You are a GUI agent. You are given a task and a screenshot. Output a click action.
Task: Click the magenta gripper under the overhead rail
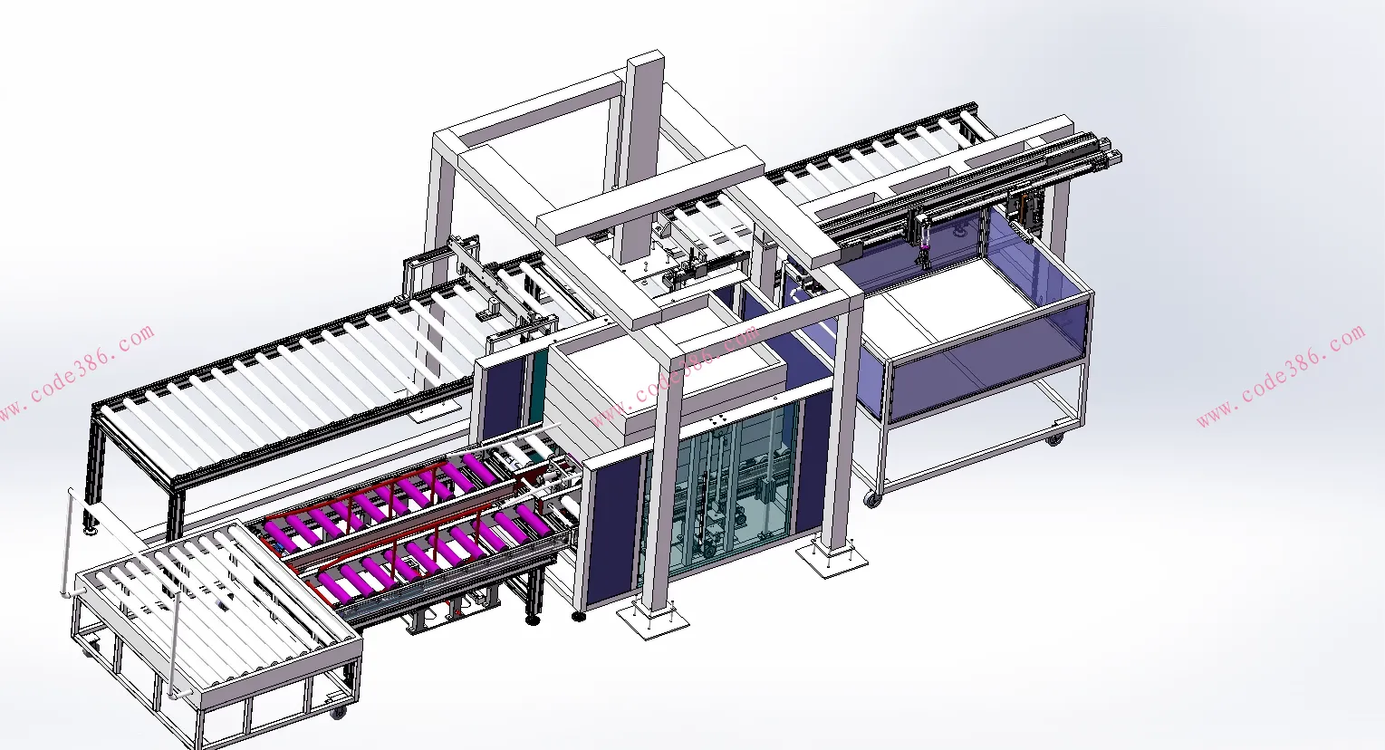click(x=924, y=247)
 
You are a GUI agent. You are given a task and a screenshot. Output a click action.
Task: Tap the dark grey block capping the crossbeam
click(x=852, y=253)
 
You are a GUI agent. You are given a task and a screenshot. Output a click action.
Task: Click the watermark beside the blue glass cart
click(x=1281, y=376)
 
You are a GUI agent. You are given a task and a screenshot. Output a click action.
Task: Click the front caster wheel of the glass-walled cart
click(x=872, y=500)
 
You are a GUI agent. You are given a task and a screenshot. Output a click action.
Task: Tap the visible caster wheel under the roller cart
click(x=338, y=713)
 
